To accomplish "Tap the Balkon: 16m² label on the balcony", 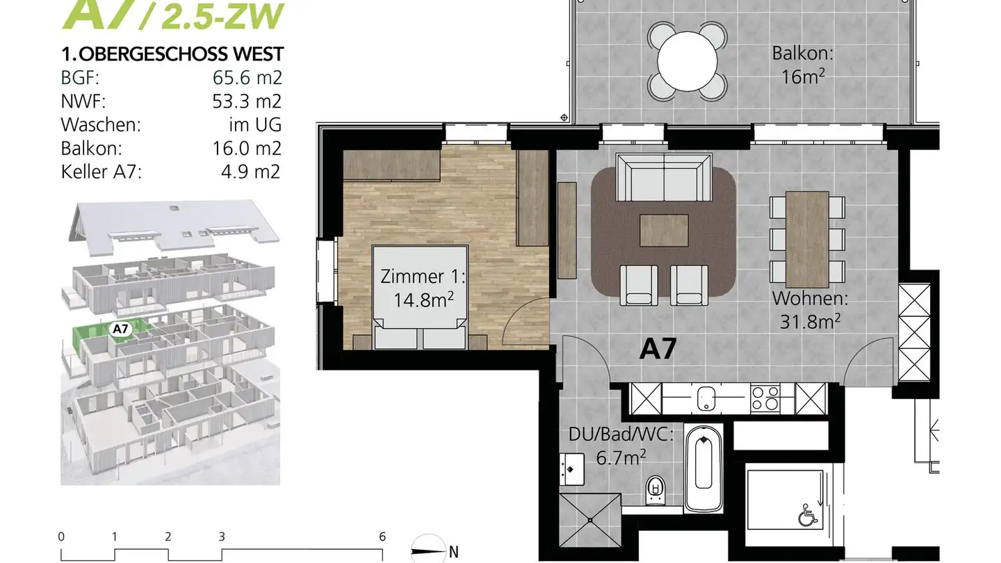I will (802, 64).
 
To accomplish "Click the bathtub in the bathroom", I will (703, 467).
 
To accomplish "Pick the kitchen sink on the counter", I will (706, 399).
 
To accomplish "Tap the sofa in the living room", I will (664, 178).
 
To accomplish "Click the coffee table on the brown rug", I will (664, 230).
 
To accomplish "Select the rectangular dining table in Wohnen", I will (807, 237).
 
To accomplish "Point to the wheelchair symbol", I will (807, 516).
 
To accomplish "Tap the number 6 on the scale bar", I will (382, 537).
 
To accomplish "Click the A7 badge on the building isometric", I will (120, 329).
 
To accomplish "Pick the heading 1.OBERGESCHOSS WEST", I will (172, 54).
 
